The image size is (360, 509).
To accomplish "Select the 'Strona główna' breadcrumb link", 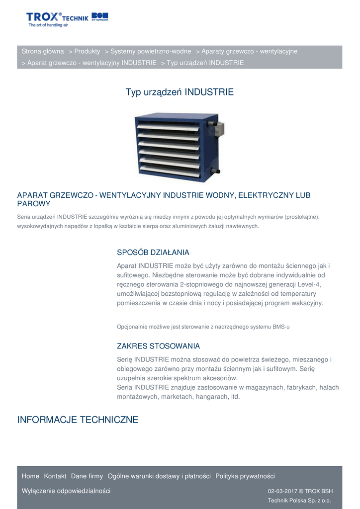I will pyautogui.click(x=43, y=51).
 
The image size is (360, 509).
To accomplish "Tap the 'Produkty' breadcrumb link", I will pyautogui.click(x=87, y=51).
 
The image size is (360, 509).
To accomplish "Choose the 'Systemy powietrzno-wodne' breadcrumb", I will pyautogui.click(x=151, y=51).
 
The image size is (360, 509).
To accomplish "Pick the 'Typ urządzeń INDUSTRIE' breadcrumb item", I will pyautogui.click(x=205, y=63).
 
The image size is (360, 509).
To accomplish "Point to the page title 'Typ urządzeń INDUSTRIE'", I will pyautogui.click(x=180, y=92).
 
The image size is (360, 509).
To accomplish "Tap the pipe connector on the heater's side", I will pyautogui.click(x=216, y=171).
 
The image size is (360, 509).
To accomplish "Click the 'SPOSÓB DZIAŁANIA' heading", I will pyautogui.click(x=153, y=253).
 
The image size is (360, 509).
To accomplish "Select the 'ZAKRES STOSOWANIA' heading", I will pyautogui.click(x=159, y=346).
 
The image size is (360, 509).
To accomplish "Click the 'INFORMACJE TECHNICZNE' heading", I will pyautogui.click(x=78, y=420).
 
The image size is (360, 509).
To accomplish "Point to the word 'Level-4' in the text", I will pyautogui.click(x=310, y=284).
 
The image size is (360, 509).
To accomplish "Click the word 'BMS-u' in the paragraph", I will pyautogui.click(x=280, y=327).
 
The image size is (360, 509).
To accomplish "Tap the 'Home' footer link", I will pyautogui.click(x=30, y=476).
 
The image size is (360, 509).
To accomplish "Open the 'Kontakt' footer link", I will pyautogui.click(x=55, y=476).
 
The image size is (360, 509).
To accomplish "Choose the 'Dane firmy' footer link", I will pyautogui.click(x=87, y=476).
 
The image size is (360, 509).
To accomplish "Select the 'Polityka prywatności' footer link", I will pyautogui.click(x=245, y=476).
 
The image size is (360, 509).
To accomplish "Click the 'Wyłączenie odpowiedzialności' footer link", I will pyautogui.click(x=66, y=491).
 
